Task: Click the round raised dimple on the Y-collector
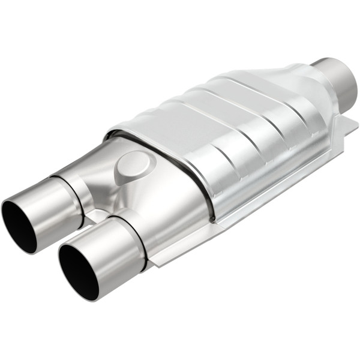tap(133, 164)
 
